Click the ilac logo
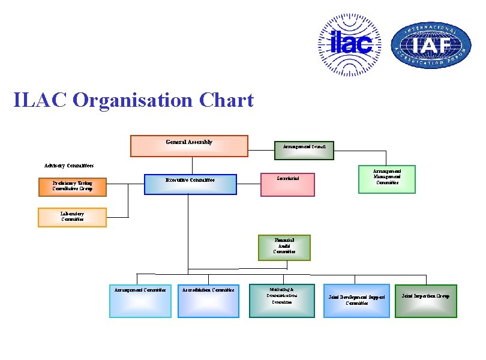[349, 45]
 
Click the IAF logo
[431, 45]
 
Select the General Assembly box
[189, 146]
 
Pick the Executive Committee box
[191, 184]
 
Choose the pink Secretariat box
[287, 184]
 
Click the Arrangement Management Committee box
[386, 179]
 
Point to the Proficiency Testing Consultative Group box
[73, 187]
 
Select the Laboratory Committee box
[72, 217]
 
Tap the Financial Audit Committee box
[284, 247]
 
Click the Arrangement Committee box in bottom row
[140, 301]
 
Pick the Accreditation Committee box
[208, 301]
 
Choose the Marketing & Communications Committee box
[281, 300]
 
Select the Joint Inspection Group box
[425, 300]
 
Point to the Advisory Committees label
[69, 166]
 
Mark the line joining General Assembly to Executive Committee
[192, 165]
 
